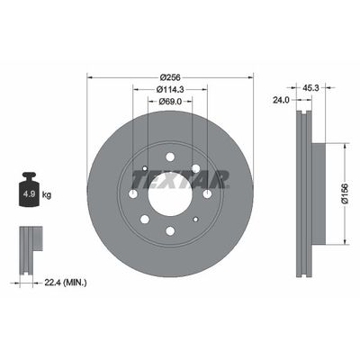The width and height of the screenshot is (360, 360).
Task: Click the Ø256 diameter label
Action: [170, 77]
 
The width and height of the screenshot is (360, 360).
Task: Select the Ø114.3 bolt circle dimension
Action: [170, 89]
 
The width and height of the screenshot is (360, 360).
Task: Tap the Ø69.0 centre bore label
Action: [170, 102]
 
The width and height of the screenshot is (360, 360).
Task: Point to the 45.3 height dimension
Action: [310, 87]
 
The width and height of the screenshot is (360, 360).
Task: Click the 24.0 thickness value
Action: [281, 100]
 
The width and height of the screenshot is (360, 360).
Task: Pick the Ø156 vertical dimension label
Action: [345, 193]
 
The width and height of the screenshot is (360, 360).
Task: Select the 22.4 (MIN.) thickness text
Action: [66, 283]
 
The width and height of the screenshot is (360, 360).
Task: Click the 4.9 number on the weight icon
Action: [30, 193]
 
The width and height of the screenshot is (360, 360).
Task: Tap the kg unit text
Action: [47, 195]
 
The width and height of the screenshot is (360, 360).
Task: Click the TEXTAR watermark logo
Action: [180, 180]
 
